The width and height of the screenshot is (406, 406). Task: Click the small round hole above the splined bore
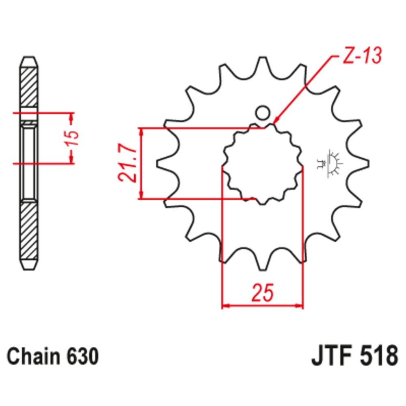(263, 112)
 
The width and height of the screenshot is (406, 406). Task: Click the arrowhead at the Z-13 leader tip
(276, 121)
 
